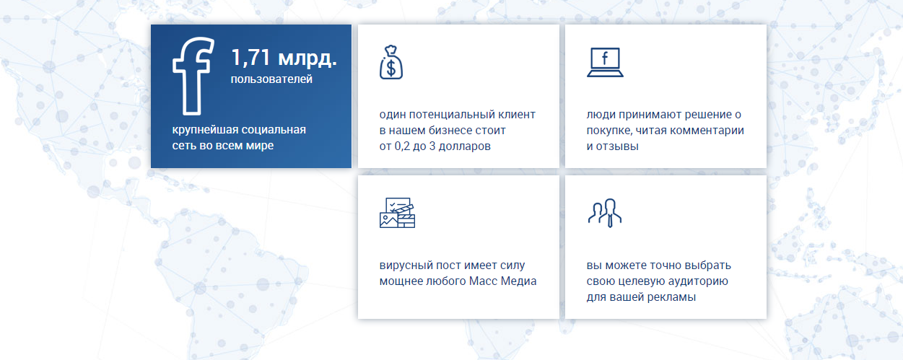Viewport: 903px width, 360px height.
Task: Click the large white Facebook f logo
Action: [x=192, y=76]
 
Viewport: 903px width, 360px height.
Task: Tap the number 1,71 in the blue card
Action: [x=250, y=57]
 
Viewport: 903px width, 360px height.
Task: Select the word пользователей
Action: [x=271, y=79]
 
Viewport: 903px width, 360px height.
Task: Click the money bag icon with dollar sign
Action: [x=391, y=62]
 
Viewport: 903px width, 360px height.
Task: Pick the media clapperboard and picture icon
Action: [x=397, y=213]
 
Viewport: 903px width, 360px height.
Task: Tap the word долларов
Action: [x=464, y=146]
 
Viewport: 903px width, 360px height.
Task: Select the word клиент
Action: [x=517, y=115]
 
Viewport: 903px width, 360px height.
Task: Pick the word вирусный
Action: [x=404, y=265]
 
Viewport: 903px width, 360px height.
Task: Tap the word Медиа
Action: [x=518, y=281]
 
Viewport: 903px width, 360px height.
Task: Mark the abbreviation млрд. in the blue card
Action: [x=307, y=58]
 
